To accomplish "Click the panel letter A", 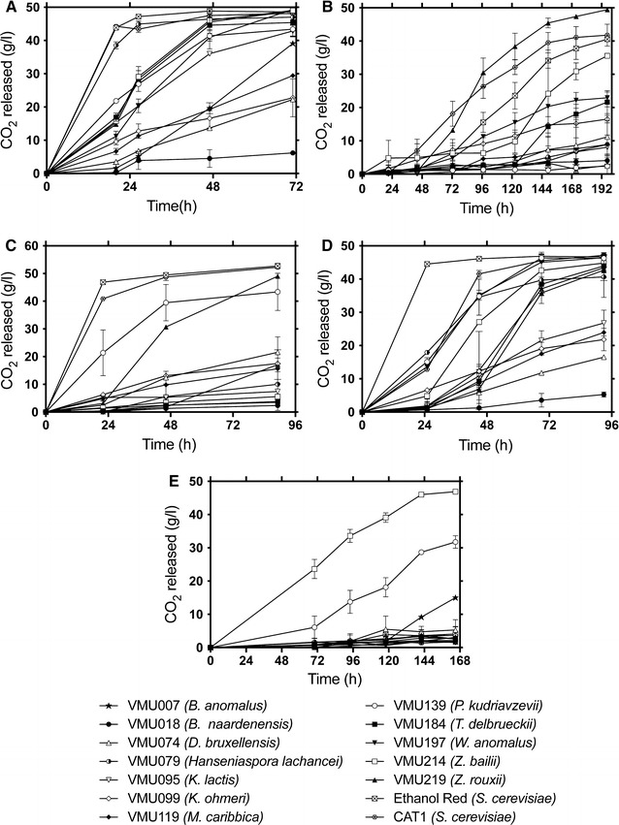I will tap(9, 9).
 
